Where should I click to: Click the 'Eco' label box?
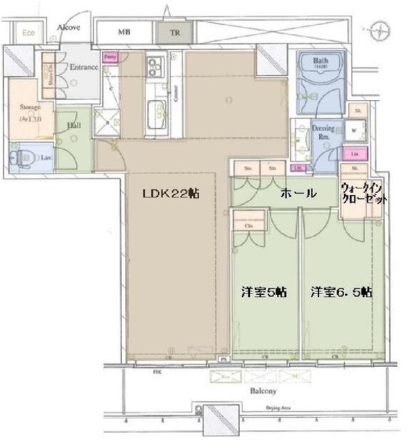pyautogui.click(x=28, y=33)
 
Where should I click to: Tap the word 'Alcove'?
pyautogui.click(x=69, y=28)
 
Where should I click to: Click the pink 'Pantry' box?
pyautogui.click(x=109, y=58)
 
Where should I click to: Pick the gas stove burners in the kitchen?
pyautogui.click(x=154, y=71)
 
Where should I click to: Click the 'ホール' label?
pyautogui.click(x=298, y=194)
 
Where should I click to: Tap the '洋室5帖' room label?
pyautogui.click(x=260, y=292)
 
